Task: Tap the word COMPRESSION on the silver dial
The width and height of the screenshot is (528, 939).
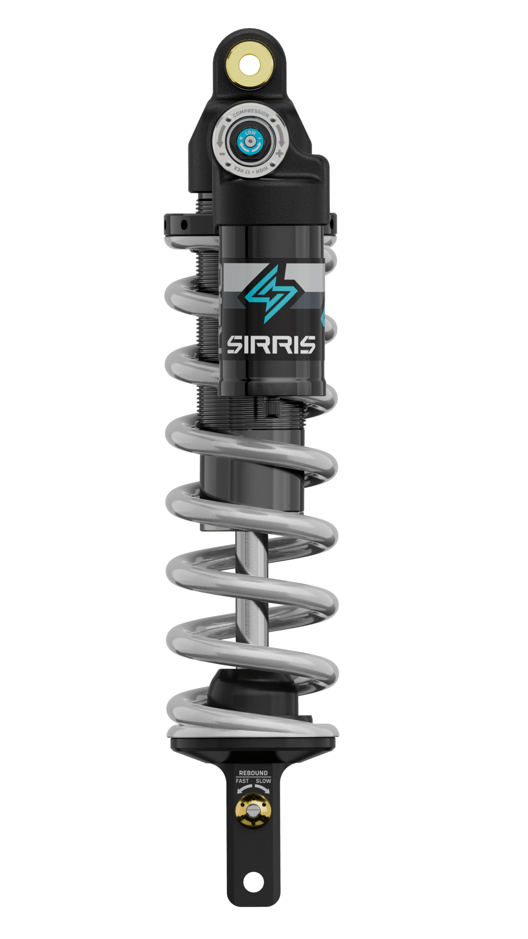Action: pos(251,113)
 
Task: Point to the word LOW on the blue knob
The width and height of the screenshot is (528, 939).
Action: pos(250,133)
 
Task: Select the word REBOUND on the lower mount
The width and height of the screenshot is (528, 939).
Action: pos(253,773)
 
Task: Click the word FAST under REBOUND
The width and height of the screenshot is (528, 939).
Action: pos(242,781)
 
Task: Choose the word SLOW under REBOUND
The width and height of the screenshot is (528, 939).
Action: pos(264,781)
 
